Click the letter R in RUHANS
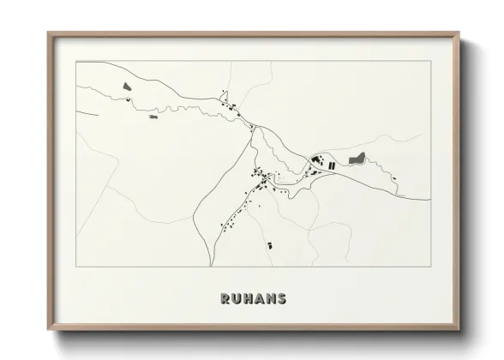225,299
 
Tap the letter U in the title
237,299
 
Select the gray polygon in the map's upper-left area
126,86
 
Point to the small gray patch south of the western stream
153,116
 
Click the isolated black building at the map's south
268,244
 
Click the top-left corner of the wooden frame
49,33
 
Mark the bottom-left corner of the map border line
76,267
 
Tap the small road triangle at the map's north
253,128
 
